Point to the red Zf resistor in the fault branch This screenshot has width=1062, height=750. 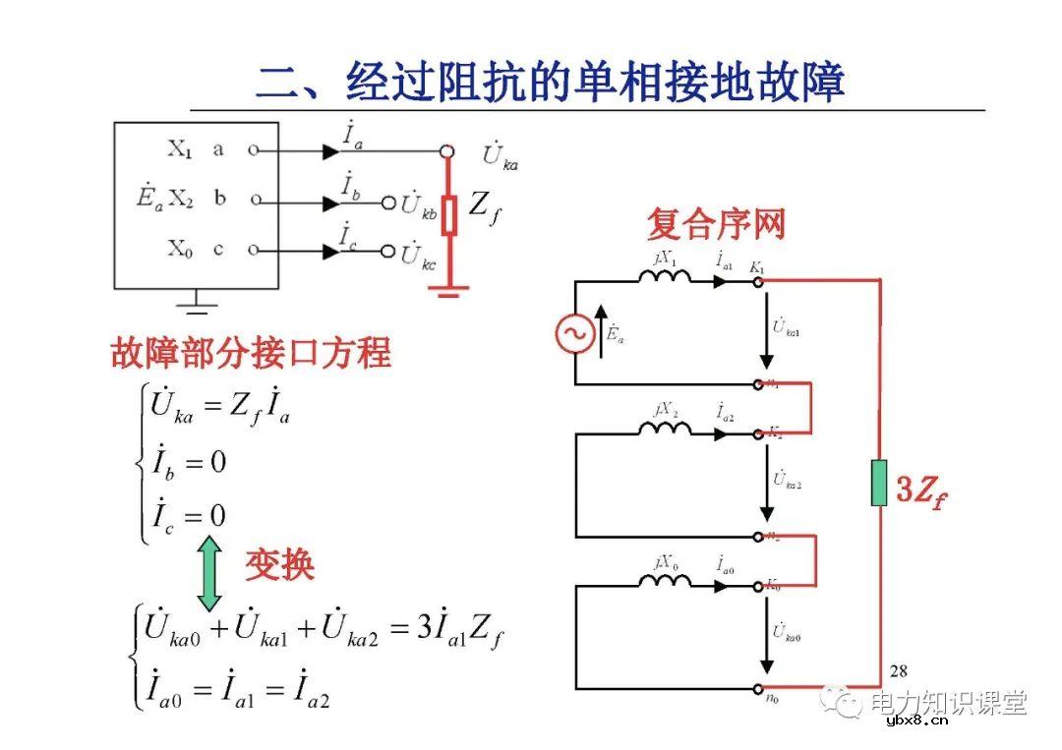pyautogui.click(x=448, y=214)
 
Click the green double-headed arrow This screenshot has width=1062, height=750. pyautogui.click(x=209, y=573)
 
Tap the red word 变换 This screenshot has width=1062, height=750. pyautogui.click(x=279, y=564)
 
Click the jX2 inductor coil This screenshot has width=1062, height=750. pyautogui.click(x=665, y=430)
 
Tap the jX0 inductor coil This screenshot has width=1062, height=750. pyautogui.click(x=665, y=581)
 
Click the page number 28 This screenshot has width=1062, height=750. pyautogui.click(x=898, y=671)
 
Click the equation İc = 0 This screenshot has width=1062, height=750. pyautogui.click(x=187, y=514)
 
